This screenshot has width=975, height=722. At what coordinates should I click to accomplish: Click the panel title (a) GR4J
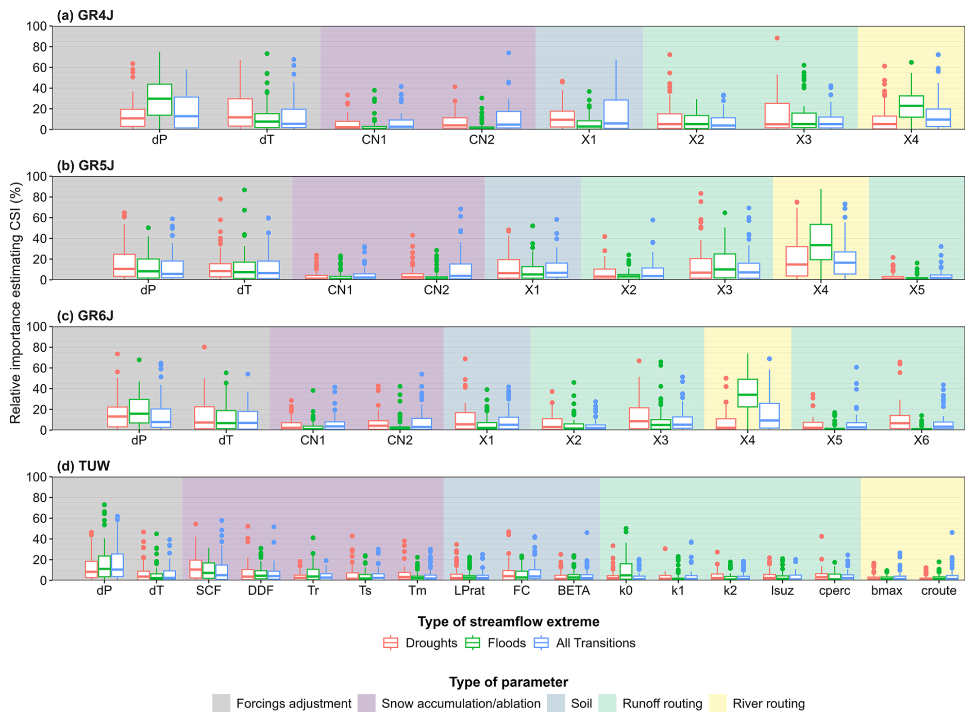(85, 15)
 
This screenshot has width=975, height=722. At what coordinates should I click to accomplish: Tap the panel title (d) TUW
(83, 466)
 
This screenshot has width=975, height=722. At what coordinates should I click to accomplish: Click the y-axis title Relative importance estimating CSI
(15, 303)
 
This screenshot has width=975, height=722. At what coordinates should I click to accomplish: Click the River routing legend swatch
(717, 703)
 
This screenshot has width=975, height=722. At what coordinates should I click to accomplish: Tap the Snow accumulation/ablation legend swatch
(366, 703)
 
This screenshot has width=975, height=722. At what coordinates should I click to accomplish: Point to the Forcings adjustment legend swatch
(221, 703)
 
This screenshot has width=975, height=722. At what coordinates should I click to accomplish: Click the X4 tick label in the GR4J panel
(911, 140)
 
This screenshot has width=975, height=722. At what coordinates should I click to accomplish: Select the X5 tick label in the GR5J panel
(916, 290)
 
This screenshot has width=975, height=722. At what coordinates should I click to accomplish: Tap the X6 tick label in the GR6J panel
(921, 440)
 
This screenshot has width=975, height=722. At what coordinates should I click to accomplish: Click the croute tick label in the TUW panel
(938, 591)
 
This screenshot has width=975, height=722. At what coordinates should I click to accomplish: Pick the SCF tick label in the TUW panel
(208, 591)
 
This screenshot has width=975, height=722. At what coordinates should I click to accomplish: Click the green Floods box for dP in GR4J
(160, 100)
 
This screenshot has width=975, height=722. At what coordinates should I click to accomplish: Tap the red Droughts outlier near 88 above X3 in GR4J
(777, 38)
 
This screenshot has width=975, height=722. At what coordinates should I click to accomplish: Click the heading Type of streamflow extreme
(508, 622)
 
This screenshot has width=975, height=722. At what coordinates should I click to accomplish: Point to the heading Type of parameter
(508, 682)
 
